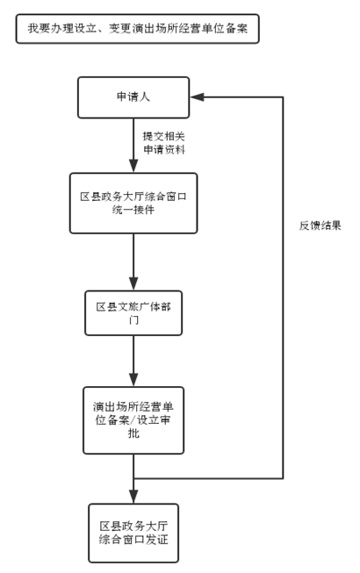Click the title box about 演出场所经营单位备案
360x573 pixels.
tap(138, 29)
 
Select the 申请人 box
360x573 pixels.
tap(133, 97)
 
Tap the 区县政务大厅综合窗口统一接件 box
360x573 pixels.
tap(133, 204)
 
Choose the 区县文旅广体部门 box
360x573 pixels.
tap(133, 313)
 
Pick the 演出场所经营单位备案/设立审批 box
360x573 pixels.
tap(133, 420)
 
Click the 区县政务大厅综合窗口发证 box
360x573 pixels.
tap(133, 534)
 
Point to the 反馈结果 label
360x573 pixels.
tap(320, 226)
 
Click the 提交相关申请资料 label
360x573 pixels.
tap(164, 143)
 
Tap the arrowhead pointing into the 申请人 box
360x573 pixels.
tap(198, 97)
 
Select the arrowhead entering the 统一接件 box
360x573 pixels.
tap(133, 166)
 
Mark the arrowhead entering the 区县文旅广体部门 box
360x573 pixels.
tap(133, 283)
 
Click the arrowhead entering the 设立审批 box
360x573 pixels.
tap(133, 380)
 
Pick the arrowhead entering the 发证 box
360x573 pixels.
tap(133, 497)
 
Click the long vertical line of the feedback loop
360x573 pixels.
tap(283, 288)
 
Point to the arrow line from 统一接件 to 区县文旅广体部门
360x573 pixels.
tap(133, 262)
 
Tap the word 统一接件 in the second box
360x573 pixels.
tap(133, 210)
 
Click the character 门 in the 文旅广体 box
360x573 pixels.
tap(133, 320)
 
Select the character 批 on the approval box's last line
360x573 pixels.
tap(133, 433)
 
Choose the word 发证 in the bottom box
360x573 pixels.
tap(157, 540)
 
